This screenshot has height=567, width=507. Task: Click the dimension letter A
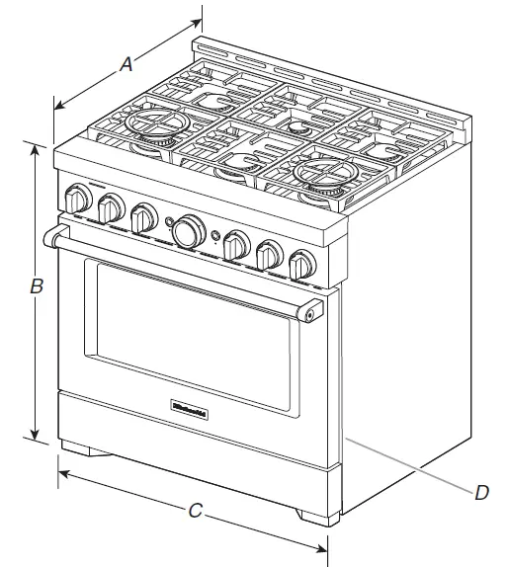pos(127,64)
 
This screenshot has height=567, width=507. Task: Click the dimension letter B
pos(37,287)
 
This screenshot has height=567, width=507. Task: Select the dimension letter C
pos(196,511)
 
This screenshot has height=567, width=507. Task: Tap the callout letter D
pos(481,491)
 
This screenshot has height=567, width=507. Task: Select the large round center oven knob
pos(186,230)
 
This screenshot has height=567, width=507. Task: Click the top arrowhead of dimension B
pos(37,148)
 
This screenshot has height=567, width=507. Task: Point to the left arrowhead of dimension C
pos(61,474)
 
